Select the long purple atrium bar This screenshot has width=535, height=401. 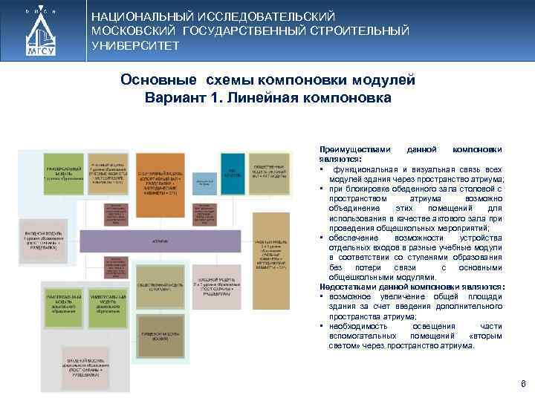coord(160,241)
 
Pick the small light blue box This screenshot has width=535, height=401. coord(203,184)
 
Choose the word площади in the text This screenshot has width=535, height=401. coord(486,296)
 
